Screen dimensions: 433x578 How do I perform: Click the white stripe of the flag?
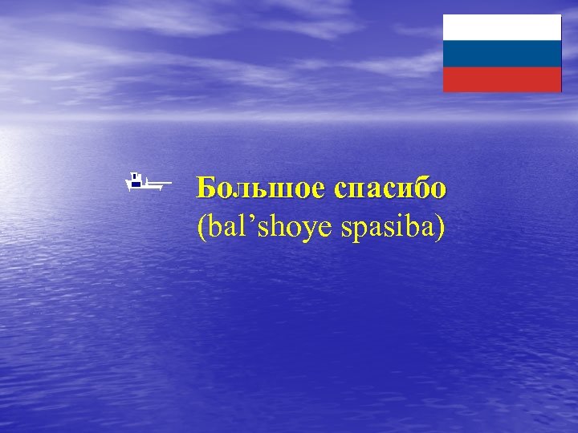pyautogui.click(x=502, y=27)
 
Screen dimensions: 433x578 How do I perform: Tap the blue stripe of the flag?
pyautogui.click(x=502, y=54)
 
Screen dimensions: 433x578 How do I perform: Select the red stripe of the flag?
pyautogui.click(x=502, y=79)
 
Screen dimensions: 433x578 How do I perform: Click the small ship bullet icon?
pyautogui.click(x=146, y=183)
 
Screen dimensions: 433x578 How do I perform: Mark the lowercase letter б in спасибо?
pyautogui.click(x=419, y=188)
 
